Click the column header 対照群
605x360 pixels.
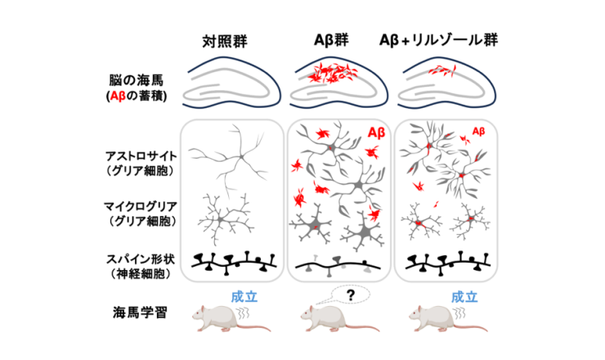tap(225, 41)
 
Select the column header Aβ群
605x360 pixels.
tap(331, 40)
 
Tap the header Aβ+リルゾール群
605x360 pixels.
tap(439, 40)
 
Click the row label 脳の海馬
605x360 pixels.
tap(137, 80)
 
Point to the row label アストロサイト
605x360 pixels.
tap(141, 156)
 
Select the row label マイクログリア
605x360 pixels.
tap(141, 206)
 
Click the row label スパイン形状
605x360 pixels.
tap(141, 259)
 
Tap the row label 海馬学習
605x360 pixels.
tap(140, 312)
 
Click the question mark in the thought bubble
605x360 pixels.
tap(351, 295)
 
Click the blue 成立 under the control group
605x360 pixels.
tap(244, 297)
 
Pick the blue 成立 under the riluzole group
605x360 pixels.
tap(464, 297)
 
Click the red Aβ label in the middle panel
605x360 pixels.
tap(376, 133)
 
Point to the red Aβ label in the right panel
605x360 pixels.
tap(478, 132)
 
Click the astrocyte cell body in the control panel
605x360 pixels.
tap(241, 156)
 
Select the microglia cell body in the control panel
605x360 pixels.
tap(220, 219)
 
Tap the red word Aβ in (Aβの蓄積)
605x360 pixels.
tap(118, 96)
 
